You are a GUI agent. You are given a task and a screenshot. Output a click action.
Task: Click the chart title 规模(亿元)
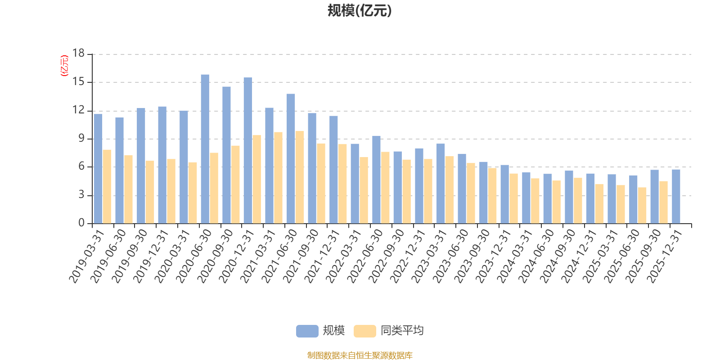click(x=360, y=10)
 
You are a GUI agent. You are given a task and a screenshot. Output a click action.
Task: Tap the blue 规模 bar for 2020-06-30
click(x=205, y=149)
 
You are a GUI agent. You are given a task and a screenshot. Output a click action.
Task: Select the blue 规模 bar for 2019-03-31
click(x=98, y=169)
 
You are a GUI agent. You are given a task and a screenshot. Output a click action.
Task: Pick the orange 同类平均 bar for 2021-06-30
click(x=300, y=177)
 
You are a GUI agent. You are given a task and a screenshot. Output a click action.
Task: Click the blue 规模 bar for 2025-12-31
click(x=676, y=196)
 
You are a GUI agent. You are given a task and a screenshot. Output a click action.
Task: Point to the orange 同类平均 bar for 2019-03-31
click(x=107, y=186)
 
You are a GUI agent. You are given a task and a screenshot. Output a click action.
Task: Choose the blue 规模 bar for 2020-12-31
click(x=247, y=150)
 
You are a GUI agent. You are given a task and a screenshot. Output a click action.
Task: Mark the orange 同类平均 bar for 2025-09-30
click(x=663, y=202)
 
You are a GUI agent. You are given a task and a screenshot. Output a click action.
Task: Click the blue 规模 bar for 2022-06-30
click(x=376, y=180)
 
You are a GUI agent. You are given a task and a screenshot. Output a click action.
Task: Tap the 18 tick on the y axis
click(x=79, y=53)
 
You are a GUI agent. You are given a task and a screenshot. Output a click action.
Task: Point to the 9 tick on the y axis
click(x=81, y=138)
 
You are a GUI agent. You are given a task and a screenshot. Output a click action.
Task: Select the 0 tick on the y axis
click(x=81, y=223)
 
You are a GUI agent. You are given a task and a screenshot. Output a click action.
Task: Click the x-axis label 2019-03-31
click(x=86, y=256)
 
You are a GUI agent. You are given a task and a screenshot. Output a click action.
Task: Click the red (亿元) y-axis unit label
click(x=64, y=66)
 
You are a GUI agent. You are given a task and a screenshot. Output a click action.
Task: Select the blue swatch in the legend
click(x=307, y=331)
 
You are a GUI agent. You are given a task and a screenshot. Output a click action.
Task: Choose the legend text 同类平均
click(x=402, y=331)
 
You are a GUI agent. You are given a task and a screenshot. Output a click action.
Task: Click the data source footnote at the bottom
click(x=360, y=355)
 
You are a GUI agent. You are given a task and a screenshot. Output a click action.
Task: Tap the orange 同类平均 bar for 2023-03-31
click(x=449, y=190)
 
